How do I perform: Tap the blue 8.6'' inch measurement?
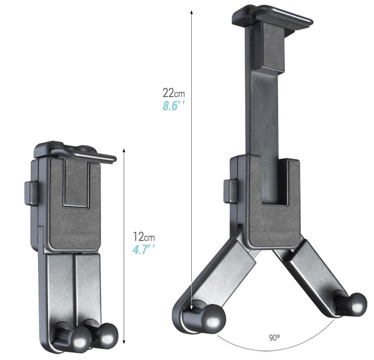click(173, 106)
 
